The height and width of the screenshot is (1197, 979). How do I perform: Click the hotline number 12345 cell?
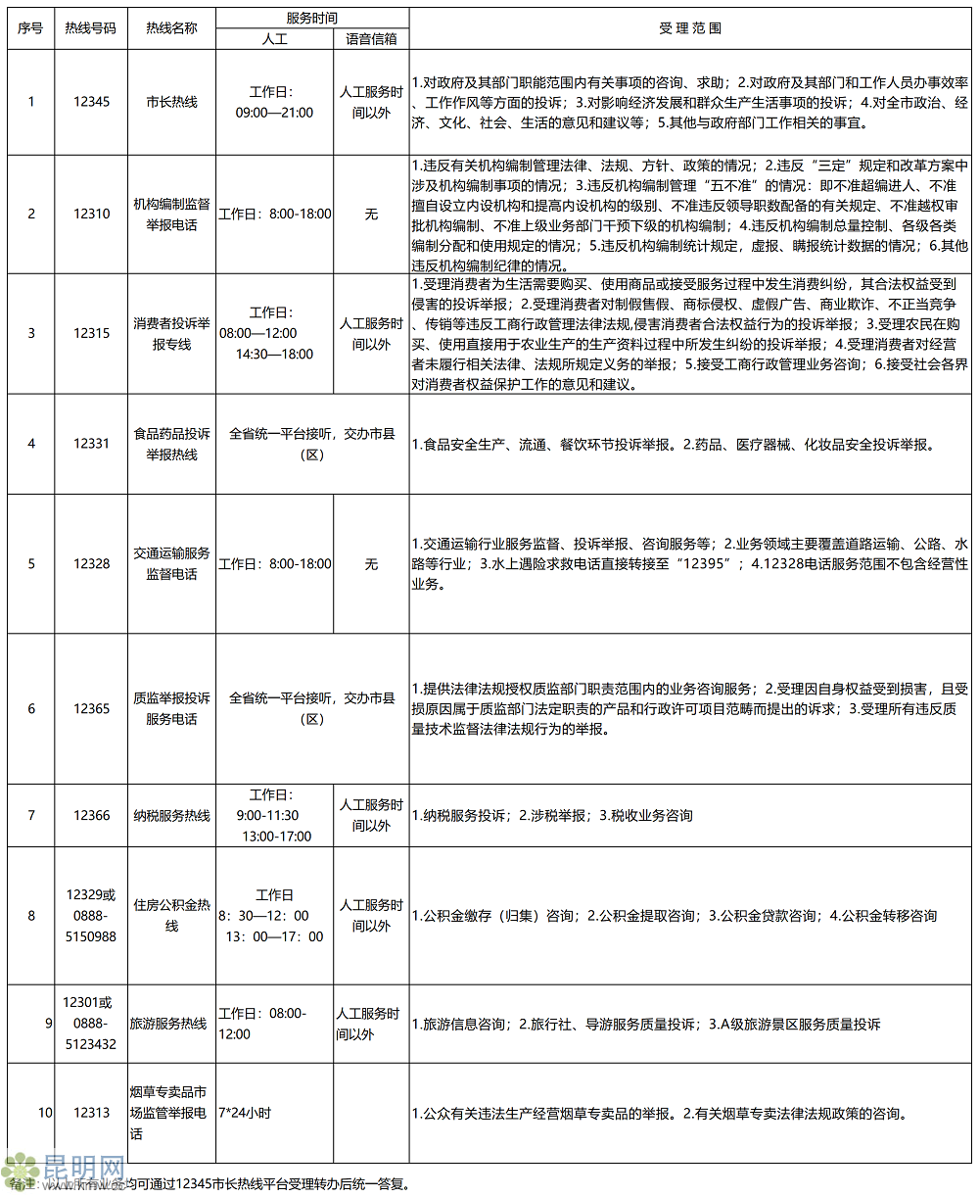pos(91,102)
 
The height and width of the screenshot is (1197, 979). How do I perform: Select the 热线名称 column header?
pos(171,28)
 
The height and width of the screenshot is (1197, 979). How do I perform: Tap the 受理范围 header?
pos(690,28)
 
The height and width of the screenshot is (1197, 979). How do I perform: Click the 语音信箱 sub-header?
pos(371,39)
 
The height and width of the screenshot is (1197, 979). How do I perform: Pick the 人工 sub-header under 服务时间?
pos(275,39)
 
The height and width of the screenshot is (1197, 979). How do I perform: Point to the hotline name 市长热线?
pos(171,102)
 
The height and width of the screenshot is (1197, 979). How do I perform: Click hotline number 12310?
pos(91,214)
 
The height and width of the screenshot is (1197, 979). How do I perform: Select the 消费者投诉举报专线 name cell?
pos(171,333)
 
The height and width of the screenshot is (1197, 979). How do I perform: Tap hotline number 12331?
pos(91,444)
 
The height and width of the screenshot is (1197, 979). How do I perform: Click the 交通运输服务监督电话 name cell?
pos(171,564)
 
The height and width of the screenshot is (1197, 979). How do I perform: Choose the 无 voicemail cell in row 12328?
pos(371,564)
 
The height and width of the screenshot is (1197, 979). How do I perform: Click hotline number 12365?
pos(91,708)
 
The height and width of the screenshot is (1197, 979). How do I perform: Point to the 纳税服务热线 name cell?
pos(171,815)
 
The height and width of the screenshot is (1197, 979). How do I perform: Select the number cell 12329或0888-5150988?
pos(91,916)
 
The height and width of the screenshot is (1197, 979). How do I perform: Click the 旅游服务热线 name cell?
pos(168,1024)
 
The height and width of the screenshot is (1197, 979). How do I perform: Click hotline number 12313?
pos(91,1113)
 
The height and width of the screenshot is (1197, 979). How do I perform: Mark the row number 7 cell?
pos(31,815)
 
